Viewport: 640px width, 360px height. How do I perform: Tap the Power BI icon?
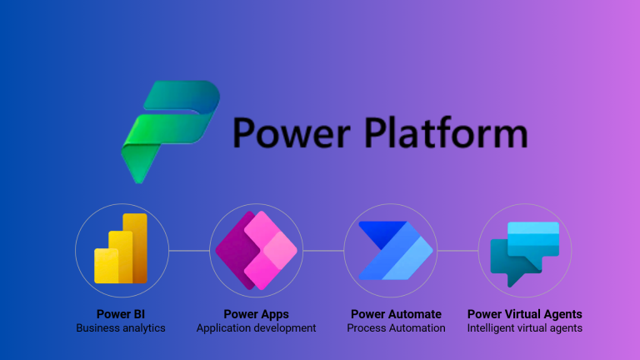tap(121, 249)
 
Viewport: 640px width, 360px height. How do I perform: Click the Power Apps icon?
tap(256, 249)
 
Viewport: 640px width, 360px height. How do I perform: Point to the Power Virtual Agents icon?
tap(525, 249)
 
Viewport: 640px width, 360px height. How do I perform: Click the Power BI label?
tap(121, 314)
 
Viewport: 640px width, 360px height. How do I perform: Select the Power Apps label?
tap(256, 314)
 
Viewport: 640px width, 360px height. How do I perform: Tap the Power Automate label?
tap(396, 314)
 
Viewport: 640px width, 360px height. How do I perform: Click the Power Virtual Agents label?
tap(525, 314)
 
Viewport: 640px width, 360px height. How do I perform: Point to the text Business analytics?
tap(121, 328)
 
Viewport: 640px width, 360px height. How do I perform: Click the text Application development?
tap(256, 328)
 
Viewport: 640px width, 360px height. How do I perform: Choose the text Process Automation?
tap(396, 328)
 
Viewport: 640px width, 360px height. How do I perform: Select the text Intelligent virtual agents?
tap(525, 328)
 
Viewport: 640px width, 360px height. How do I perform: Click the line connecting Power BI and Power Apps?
tap(188, 250)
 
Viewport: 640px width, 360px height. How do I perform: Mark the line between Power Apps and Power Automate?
tap(322, 250)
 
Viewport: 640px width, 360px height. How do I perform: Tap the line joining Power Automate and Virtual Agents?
tap(457, 250)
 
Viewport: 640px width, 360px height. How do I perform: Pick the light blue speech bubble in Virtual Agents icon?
tap(533, 237)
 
